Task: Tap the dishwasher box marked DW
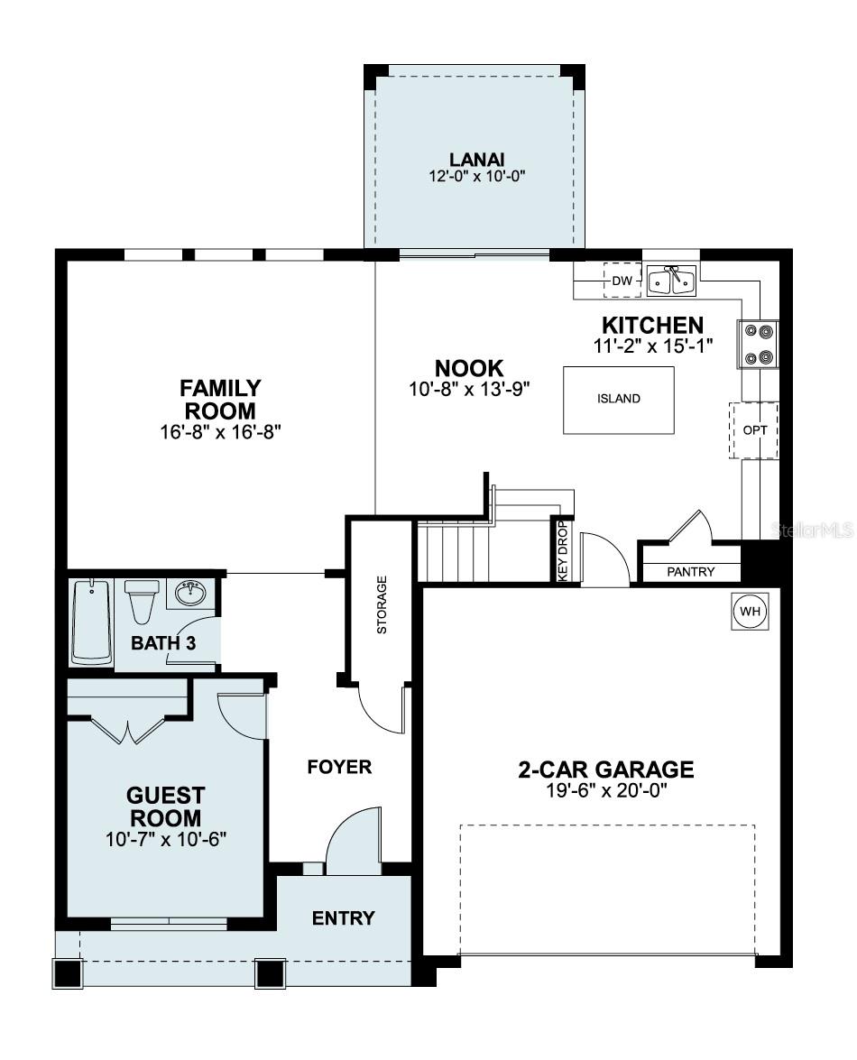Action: (622, 281)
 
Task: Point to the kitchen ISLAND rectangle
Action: (619, 399)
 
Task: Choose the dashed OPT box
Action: (754, 430)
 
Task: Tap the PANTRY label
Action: (691, 572)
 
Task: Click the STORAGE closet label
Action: (382, 604)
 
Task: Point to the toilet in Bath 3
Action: (142, 600)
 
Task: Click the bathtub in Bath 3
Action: (91, 622)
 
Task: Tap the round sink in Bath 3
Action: (190, 594)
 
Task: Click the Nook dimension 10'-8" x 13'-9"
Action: (468, 389)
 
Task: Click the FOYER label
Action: (339, 768)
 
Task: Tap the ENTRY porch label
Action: (343, 918)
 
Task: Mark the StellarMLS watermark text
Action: (814, 530)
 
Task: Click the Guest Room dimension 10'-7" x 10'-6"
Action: (164, 839)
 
